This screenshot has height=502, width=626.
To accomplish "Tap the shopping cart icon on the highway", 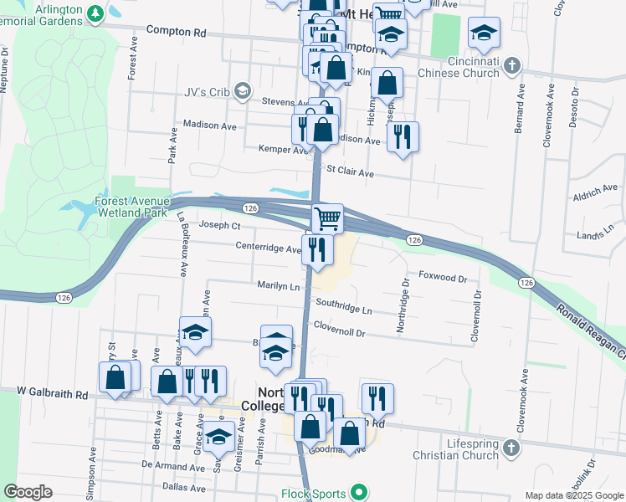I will coord(327,218).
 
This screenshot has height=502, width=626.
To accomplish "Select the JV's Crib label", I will coord(203,90).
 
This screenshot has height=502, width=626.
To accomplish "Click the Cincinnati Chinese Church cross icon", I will coord(514,64).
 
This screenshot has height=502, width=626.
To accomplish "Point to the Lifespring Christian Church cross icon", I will coord(512,449).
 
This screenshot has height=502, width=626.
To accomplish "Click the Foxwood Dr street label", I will coord(442,274).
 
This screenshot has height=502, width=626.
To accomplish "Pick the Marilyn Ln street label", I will coord(278,286).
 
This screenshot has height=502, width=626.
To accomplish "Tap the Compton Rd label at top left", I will coord(176,31).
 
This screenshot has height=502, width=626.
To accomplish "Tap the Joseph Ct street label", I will coord(219,225).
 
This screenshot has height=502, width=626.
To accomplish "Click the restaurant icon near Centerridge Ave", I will coord(316,249).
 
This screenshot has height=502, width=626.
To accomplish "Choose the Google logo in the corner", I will coord(28,492).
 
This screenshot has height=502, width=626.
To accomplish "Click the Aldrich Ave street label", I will coord(595,193).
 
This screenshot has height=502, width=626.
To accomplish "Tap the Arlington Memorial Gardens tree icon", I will coord(96,13).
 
